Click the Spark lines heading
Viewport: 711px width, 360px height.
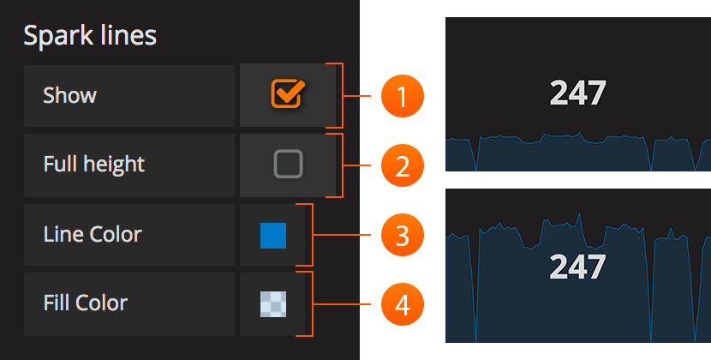tap(90, 36)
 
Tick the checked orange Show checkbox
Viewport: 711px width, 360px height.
tap(287, 94)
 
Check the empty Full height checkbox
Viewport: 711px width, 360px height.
tap(288, 164)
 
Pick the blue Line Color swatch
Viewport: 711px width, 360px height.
tap(273, 235)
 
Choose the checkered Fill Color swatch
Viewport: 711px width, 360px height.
tap(273, 303)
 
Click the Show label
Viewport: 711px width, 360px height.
tap(69, 95)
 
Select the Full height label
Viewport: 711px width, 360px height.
tap(93, 164)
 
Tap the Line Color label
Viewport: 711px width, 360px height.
tap(93, 234)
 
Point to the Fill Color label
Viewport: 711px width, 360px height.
tap(85, 303)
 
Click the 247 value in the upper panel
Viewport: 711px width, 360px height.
tap(577, 93)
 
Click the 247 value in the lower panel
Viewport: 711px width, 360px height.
tap(577, 267)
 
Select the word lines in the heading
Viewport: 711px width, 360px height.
tap(127, 36)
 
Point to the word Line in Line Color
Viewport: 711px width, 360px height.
tap(61, 234)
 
